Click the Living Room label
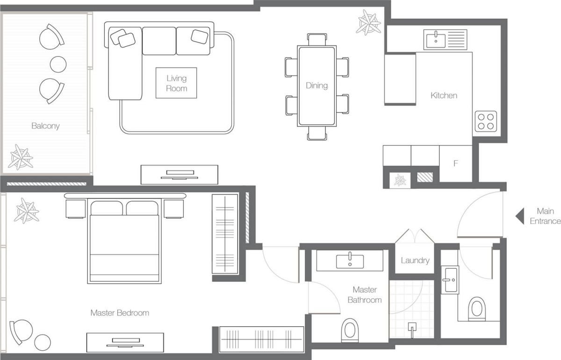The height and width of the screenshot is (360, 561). [176, 83]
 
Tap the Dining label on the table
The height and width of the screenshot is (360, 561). [316, 86]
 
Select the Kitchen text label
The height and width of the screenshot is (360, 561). [444, 95]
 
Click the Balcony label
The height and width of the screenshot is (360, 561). [45, 126]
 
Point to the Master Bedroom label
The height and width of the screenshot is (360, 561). [120, 313]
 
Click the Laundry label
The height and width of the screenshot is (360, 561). [415, 260]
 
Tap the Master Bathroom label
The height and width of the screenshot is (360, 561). [365, 295]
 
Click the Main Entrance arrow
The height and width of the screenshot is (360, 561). [519, 216]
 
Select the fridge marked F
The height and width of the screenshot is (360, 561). [455, 164]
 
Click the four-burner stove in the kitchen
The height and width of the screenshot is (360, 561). [485, 121]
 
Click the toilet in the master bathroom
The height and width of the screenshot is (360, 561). [350, 330]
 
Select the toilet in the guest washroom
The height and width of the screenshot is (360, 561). [477, 309]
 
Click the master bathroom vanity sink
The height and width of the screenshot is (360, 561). [350, 260]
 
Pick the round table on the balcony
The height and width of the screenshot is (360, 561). [58, 64]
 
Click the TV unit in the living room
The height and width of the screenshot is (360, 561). [180, 174]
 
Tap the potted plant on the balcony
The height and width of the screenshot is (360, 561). [21, 157]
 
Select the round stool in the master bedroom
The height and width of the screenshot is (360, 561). [43, 342]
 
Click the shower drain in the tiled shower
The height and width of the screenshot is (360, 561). [412, 327]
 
